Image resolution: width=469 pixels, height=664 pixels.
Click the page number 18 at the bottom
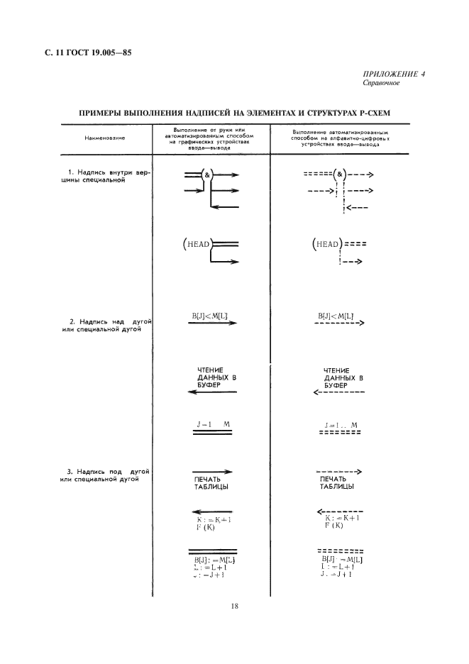tap(234, 607)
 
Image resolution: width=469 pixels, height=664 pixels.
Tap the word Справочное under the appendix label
tap(382, 82)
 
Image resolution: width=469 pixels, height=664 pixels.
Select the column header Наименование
tap(104, 138)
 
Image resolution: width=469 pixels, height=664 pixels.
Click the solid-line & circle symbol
tap(206, 174)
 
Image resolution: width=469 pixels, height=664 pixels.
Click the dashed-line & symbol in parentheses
tap(341, 174)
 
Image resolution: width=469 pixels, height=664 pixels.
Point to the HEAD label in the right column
tap(326, 244)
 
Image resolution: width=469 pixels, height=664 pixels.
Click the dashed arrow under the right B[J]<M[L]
tap(338, 324)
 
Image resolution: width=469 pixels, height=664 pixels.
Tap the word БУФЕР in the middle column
tap(209, 385)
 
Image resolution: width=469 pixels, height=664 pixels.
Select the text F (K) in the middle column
tap(206, 527)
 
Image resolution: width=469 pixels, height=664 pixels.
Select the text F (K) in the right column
tap(334, 526)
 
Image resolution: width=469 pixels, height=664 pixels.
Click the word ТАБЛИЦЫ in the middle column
tap(212, 487)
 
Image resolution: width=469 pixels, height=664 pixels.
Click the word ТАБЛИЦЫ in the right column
tap(337, 487)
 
